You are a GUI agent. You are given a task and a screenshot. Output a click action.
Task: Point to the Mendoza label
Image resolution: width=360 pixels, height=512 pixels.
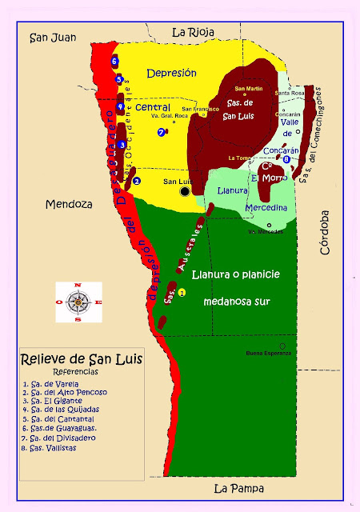coord(69,203)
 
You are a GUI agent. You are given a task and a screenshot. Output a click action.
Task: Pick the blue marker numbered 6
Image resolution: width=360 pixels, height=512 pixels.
coord(115,61)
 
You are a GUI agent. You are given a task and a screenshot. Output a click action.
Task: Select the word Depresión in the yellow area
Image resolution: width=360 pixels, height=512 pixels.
coord(171,73)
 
